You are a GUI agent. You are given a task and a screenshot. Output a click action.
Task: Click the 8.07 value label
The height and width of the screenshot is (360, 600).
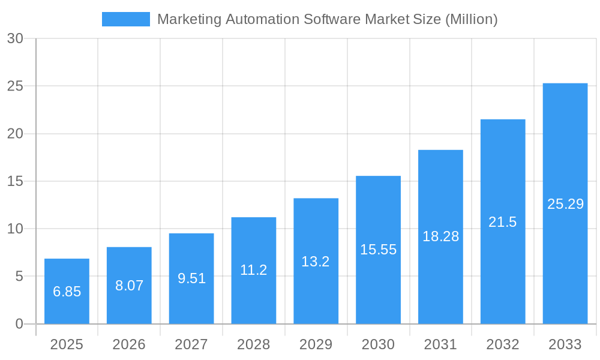point(129,286)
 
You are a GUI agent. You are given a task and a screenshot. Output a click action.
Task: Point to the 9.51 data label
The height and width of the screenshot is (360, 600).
point(191,278)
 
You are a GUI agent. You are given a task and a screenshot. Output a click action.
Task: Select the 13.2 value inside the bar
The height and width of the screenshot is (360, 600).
point(316,262)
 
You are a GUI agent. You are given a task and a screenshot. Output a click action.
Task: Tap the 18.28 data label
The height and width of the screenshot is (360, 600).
point(440,236)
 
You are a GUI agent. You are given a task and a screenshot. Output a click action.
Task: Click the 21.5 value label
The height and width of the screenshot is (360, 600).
point(502,222)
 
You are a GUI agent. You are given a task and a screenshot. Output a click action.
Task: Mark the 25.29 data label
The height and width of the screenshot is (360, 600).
point(565,204)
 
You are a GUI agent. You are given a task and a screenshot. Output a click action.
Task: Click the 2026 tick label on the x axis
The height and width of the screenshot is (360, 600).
point(129,344)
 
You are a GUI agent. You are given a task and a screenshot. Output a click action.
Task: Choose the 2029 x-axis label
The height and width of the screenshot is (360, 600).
point(316,344)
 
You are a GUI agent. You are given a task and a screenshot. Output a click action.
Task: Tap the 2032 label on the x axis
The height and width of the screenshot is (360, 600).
point(502,344)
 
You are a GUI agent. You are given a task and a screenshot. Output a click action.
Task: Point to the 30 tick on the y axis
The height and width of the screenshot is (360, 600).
point(15,38)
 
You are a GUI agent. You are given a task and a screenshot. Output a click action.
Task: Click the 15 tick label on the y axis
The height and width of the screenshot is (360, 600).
point(15,181)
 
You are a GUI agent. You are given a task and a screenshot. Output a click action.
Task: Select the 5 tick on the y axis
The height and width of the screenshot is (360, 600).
point(19,277)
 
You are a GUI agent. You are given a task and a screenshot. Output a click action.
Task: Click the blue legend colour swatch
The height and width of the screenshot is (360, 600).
point(126,19)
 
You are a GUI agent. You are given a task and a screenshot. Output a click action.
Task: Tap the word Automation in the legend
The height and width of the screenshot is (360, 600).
point(262,19)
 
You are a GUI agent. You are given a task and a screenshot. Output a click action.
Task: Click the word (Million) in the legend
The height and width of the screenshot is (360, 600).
point(471,19)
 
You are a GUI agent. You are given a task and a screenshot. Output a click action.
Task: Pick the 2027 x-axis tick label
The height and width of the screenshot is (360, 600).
point(191,344)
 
